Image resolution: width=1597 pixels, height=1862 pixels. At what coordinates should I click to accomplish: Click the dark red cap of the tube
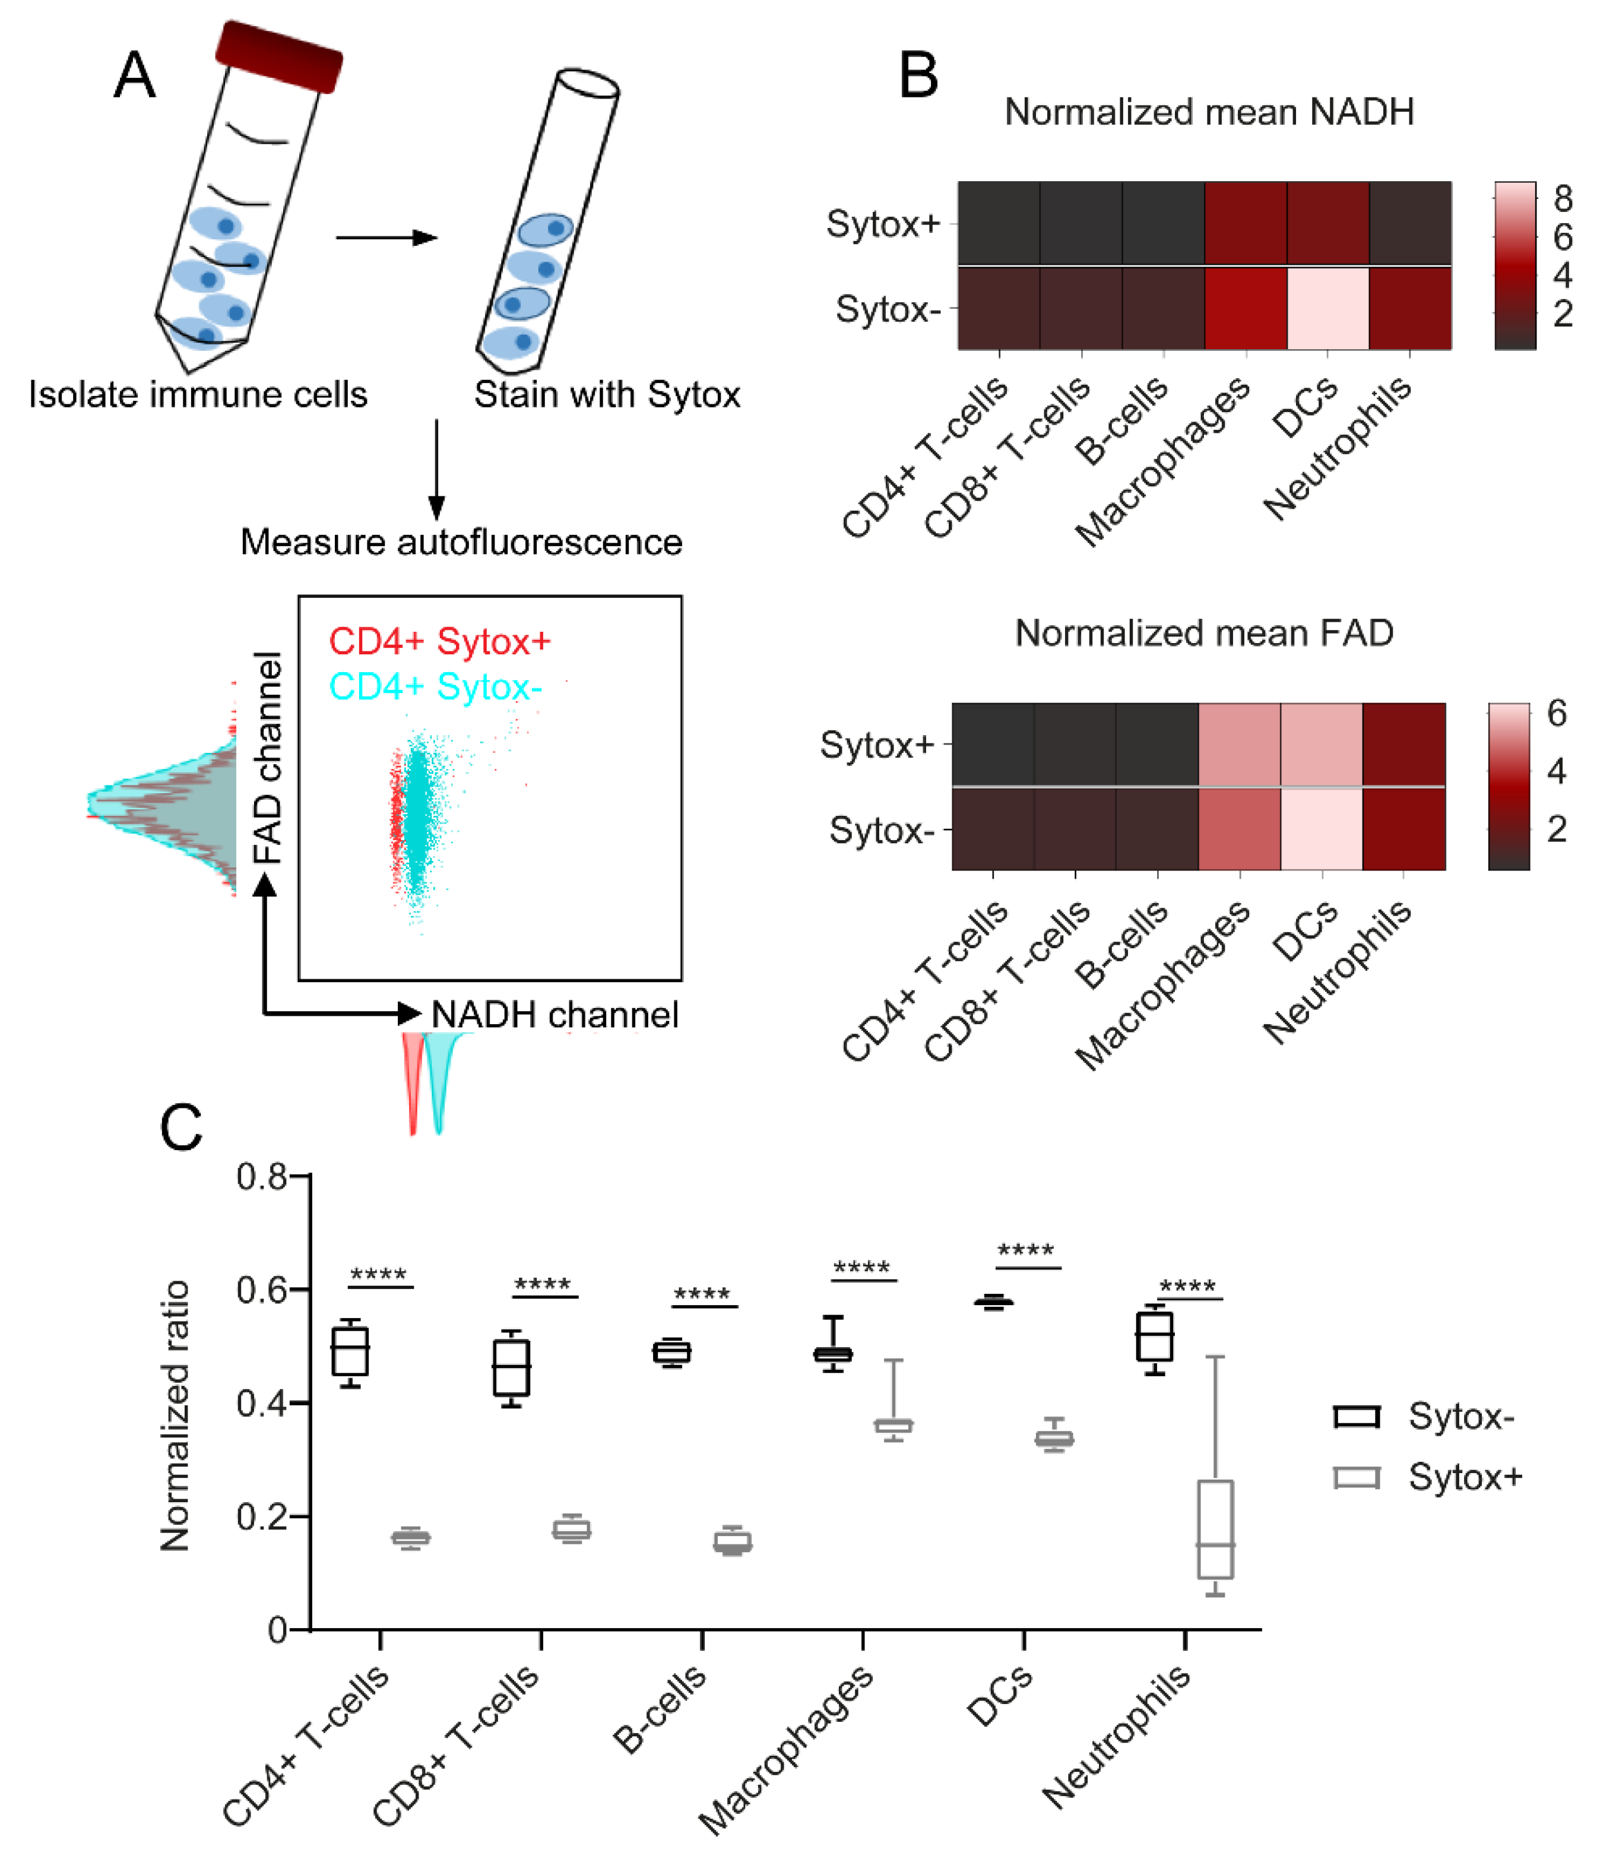[278, 56]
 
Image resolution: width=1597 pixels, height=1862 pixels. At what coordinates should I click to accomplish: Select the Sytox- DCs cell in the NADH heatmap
[1327, 308]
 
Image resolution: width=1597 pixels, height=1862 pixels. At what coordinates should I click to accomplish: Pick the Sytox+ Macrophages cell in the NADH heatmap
[1245, 223]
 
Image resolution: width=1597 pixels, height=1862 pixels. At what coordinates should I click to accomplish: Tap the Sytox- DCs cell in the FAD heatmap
[1321, 828]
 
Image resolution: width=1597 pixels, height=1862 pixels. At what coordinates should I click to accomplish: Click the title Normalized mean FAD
[1203, 634]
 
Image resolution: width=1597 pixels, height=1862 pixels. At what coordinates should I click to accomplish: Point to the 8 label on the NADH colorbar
[1562, 198]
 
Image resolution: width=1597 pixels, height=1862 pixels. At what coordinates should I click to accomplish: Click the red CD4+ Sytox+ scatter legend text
[439, 642]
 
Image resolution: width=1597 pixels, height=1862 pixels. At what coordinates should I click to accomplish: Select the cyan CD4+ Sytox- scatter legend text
[435, 686]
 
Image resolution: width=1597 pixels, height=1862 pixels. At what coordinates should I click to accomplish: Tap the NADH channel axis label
[554, 1015]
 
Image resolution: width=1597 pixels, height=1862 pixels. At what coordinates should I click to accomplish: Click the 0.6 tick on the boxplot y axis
[261, 1290]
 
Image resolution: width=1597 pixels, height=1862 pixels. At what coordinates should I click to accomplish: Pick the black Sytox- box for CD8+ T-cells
[511, 1368]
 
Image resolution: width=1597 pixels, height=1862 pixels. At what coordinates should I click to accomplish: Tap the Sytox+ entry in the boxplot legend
[1464, 1477]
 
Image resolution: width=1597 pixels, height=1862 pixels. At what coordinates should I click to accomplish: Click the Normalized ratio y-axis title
[175, 1415]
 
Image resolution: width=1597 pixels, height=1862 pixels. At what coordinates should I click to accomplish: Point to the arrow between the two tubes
[386, 237]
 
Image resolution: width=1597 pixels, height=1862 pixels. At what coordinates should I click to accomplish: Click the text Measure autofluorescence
[461, 542]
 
